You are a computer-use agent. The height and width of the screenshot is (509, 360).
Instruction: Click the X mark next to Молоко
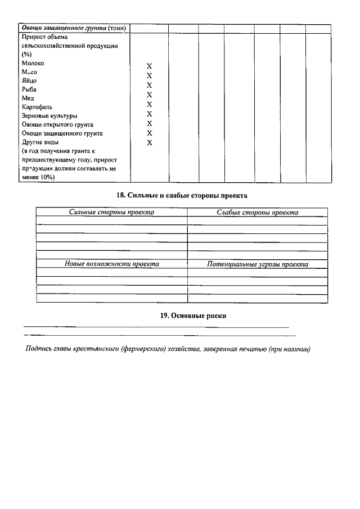tap(150, 66)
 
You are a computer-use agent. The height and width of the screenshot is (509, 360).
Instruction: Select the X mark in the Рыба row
tap(150, 85)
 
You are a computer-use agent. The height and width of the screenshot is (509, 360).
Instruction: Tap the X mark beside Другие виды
tap(150, 143)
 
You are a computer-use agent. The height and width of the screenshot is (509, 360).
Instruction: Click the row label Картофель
tap(37, 107)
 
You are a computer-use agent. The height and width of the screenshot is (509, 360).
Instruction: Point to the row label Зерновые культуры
tap(49, 116)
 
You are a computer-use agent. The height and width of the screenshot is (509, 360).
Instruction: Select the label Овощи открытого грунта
tap(57, 125)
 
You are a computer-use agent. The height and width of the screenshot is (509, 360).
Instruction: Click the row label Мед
tap(28, 98)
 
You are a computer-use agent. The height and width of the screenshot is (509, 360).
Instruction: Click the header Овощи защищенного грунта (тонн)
tap(74, 28)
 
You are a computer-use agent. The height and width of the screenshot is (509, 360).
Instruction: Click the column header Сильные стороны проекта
tap(111, 212)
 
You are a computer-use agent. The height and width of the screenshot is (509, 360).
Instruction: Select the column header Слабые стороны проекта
tap(258, 212)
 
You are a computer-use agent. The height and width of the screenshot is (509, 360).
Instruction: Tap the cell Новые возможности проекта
tap(111, 264)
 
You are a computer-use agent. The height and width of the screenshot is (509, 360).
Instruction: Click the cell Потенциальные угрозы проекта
tap(258, 264)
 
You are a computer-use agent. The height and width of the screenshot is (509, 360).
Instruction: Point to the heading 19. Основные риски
tap(193, 316)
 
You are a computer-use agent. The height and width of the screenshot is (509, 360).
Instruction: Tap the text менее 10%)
tap(38, 177)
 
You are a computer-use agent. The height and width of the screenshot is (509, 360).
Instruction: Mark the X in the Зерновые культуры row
tap(150, 114)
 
